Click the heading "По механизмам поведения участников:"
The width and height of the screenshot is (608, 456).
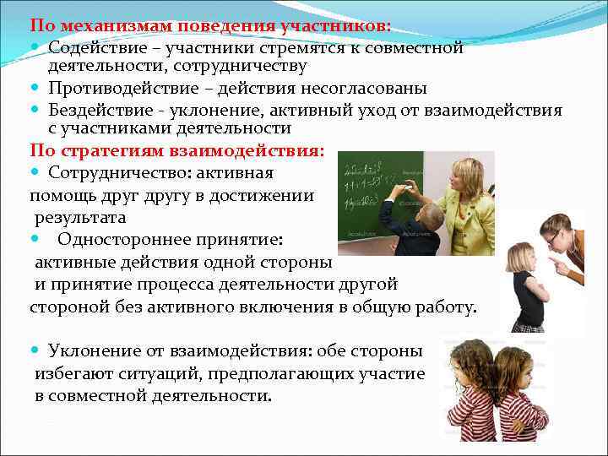point(210,26)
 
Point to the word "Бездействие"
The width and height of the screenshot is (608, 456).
point(100,110)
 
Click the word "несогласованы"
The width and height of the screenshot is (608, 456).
point(368,89)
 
